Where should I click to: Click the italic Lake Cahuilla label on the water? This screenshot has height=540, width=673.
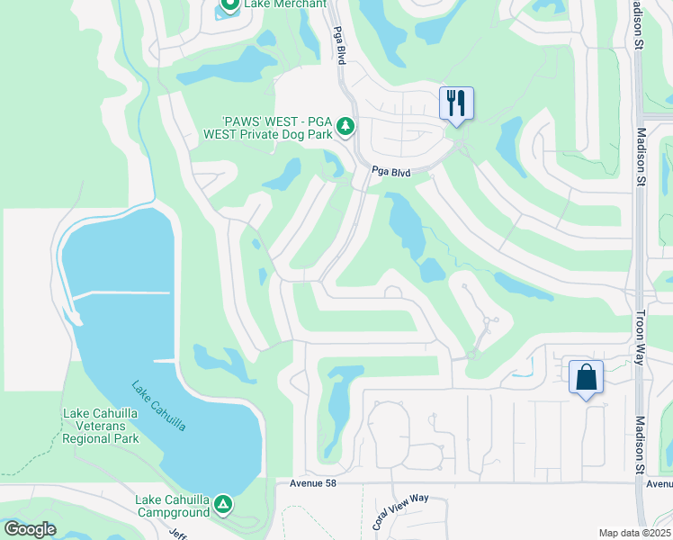[x=158, y=406]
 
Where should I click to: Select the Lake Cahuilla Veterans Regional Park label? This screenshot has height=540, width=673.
[x=101, y=427]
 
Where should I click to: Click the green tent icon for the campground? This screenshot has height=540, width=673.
[x=222, y=505]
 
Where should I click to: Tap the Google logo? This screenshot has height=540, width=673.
[x=30, y=529]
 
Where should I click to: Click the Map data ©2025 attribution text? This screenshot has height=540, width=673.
[x=634, y=533]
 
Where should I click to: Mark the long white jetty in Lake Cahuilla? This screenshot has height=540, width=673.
[x=120, y=293]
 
